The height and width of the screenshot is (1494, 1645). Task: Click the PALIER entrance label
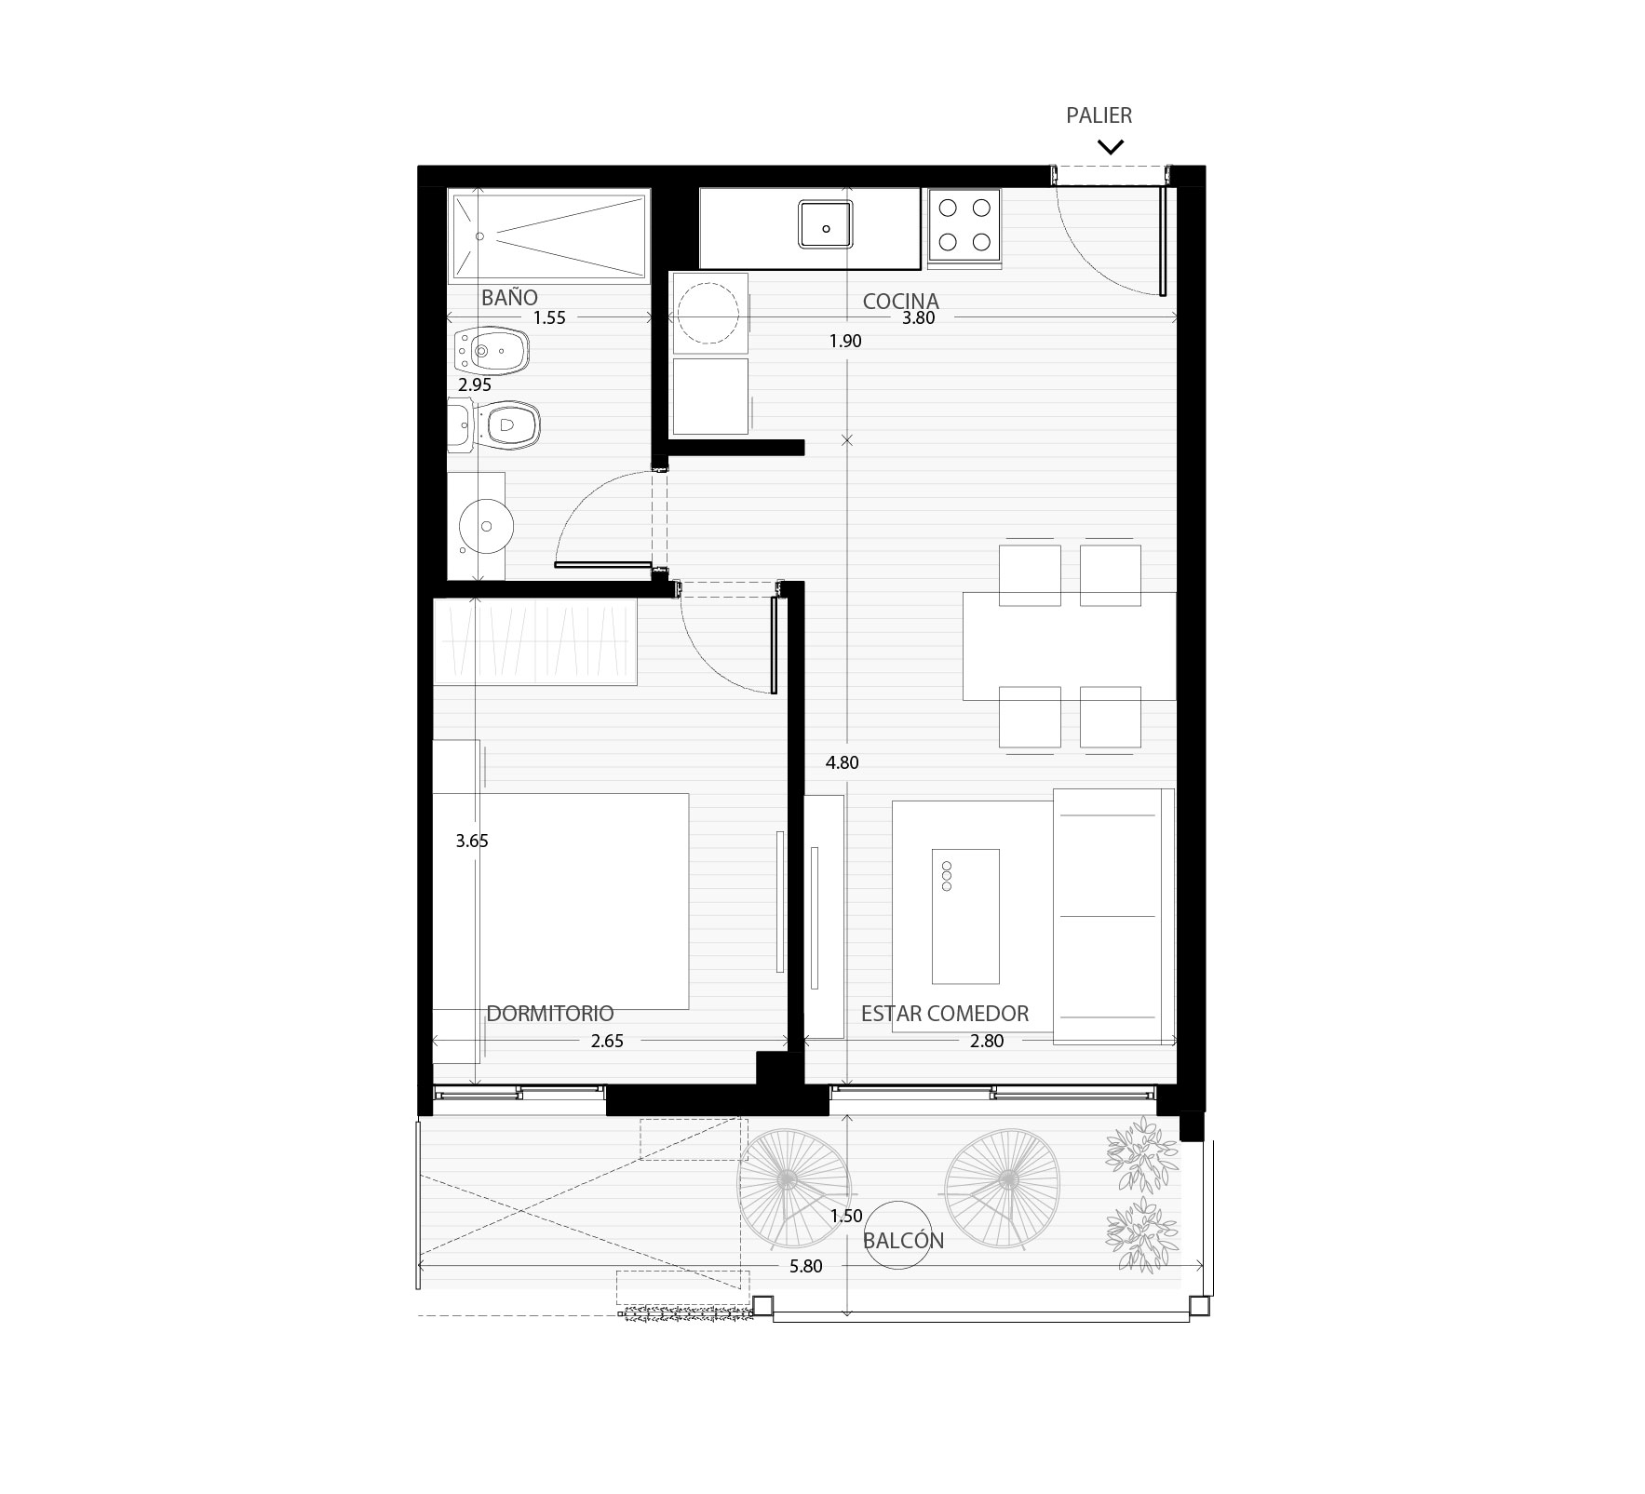tap(1099, 115)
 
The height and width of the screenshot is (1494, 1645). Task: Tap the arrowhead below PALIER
tap(1111, 146)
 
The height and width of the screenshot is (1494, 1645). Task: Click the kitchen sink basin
tap(825, 224)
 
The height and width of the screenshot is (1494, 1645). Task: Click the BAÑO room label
tap(509, 298)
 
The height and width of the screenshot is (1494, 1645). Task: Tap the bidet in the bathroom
tap(490, 352)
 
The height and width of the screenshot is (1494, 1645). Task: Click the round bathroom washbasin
tap(487, 527)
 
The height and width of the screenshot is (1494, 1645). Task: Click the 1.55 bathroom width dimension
tap(549, 317)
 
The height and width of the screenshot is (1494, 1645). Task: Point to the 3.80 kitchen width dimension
tap(918, 317)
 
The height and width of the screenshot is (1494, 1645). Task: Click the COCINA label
tap(900, 302)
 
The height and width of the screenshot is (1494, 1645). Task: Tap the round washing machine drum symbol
tap(709, 312)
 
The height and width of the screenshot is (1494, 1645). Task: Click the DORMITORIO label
tap(550, 1014)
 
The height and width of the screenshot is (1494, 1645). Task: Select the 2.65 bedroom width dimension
tap(607, 1041)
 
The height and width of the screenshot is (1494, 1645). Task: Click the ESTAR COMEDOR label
tap(945, 1014)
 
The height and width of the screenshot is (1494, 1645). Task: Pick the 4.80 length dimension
tap(843, 762)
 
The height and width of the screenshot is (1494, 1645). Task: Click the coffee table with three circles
tap(965, 916)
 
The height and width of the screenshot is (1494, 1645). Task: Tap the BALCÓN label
tap(903, 1241)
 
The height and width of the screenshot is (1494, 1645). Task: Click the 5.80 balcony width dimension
tap(806, 1266)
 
